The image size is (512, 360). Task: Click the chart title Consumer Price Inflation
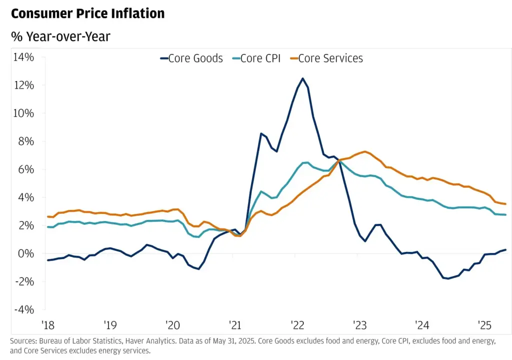click(x=87, y=13)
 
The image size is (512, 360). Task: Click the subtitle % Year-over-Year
click(x=61, y=36)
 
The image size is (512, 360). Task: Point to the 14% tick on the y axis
click(x=23, y=57)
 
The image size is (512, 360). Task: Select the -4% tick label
click(x=24, y=310)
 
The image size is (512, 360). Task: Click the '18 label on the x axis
click(x=48, y=325)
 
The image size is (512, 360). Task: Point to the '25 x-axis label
click(x=484, y=325)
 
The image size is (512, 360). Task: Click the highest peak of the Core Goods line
click(x=302, y=78)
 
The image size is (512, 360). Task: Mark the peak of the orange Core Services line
click(x=365, y=151)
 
